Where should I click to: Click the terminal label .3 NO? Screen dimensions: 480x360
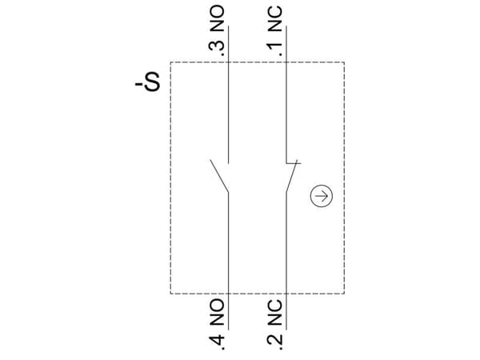coord(217,31)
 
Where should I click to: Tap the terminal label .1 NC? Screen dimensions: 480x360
coord(275,31)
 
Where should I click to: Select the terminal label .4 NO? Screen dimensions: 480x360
coord(217,325)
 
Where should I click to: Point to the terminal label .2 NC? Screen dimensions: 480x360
coord(275,325)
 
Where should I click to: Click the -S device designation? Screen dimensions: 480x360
coord(148,82)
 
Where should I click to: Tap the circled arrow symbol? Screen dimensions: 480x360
coord(321,196)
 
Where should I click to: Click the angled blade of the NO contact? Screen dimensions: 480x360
coord(219,176)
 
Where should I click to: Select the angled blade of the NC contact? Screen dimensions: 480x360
coord(292,177)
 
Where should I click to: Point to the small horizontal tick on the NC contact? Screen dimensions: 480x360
coord(294,163)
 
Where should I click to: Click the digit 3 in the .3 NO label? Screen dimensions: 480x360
coord(217,46)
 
